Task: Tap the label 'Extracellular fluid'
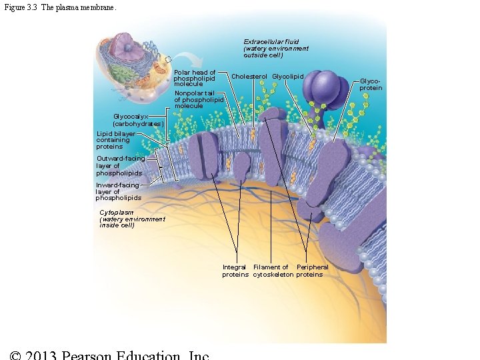coord(275,48)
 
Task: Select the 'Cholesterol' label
coord(249,77)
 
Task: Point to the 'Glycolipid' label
coord(287,77)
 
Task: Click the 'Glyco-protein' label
coord(371,83)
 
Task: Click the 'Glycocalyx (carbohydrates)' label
coord(137,120)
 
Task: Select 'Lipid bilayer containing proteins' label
coord(115,140)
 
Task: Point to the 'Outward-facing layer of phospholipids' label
coord(119,166)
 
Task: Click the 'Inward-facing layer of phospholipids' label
coord(118,191)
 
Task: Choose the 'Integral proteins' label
coord(235,271)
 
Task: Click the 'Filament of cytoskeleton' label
coord(273,271)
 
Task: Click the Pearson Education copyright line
coord(111,354)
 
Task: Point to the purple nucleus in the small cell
coord(123,47)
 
